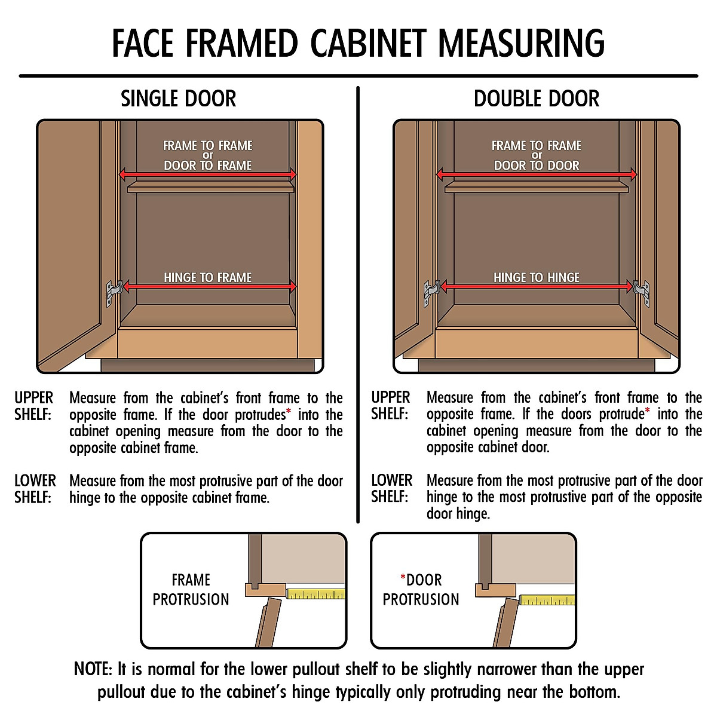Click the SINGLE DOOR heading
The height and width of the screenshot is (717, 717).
coord(178,99)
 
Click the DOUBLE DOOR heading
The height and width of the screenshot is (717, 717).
coord(536,99)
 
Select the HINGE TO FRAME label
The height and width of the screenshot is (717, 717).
coord(208,277)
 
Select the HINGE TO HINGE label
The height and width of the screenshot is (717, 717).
coord(537,277)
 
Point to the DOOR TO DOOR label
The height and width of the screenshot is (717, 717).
coord(537,166)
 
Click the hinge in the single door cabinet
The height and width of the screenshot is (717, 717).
coord(114,292)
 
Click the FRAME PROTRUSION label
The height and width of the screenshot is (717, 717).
coord(191,590)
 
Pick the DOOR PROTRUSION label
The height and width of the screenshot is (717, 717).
coord(421,590)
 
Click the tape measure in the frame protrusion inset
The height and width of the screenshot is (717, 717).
coord(315,594)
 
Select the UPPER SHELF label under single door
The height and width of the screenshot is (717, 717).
coord(34,406)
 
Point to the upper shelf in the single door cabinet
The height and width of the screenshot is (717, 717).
coord(210,187)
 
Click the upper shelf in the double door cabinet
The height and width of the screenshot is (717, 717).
coord(537,187)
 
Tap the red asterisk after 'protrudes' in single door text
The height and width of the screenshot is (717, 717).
coord(289,412)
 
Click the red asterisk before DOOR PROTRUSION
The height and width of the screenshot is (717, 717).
coord(403,577)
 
